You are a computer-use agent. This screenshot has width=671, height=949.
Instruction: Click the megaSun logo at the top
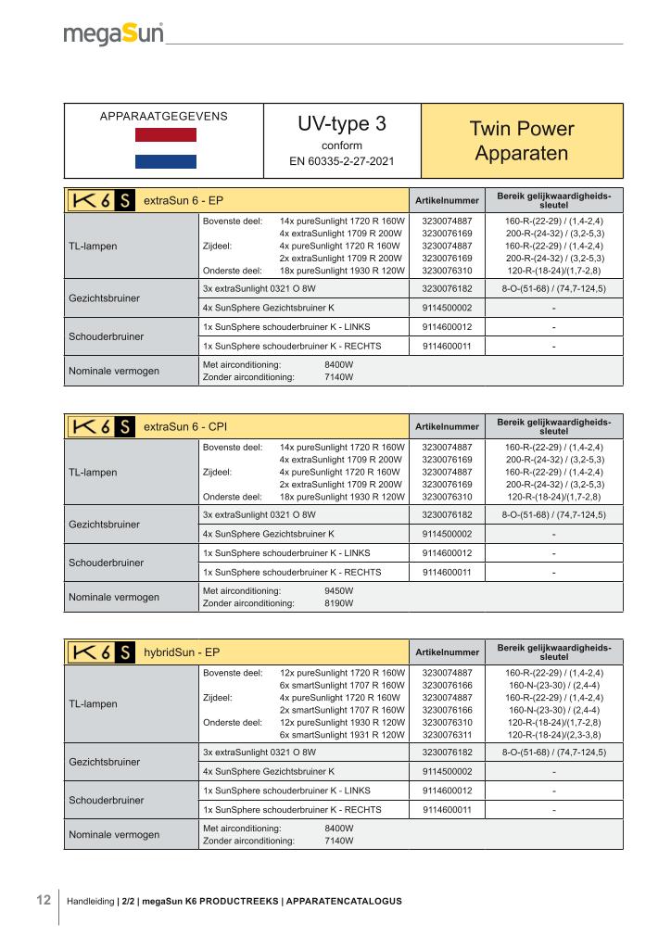click(x=113, y=34)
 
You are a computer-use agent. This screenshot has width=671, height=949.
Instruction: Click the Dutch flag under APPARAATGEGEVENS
click(x=166, y=148)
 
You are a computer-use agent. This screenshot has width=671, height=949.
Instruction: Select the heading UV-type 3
click(x=341, y=125)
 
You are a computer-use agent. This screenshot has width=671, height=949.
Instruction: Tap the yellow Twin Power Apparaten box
click(x=522, y=141)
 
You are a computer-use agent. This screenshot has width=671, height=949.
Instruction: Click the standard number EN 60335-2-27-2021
click(x=341, y=161)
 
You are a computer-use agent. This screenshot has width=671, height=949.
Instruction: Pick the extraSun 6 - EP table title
click(x=184, y=200)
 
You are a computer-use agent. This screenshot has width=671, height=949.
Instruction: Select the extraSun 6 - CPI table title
click(x=185, y=426)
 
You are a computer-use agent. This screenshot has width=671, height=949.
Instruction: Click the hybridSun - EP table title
click(x=182, y=652)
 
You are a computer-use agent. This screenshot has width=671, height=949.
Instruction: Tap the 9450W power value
click(x=338, y=590)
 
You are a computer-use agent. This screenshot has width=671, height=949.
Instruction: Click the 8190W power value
click(x=338, y=603)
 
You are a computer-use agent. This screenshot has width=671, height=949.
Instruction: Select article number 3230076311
click(x=447, y=734)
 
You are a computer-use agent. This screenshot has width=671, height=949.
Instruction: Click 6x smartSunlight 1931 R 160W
click(x=342, y=734)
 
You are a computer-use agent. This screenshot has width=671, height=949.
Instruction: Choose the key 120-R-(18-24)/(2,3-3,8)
click(x=554, y=734)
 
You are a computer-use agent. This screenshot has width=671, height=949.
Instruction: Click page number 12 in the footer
click(x=43, y=900)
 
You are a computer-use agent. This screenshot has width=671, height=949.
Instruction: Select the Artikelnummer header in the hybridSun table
click(x=447, y=652)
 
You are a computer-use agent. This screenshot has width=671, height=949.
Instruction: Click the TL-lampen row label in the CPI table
click(x=94, y=472)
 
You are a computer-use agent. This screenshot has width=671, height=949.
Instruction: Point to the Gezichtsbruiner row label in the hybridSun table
click(x=105, y=762)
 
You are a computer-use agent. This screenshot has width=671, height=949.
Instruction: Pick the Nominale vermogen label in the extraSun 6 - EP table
click(x=114, y=371)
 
